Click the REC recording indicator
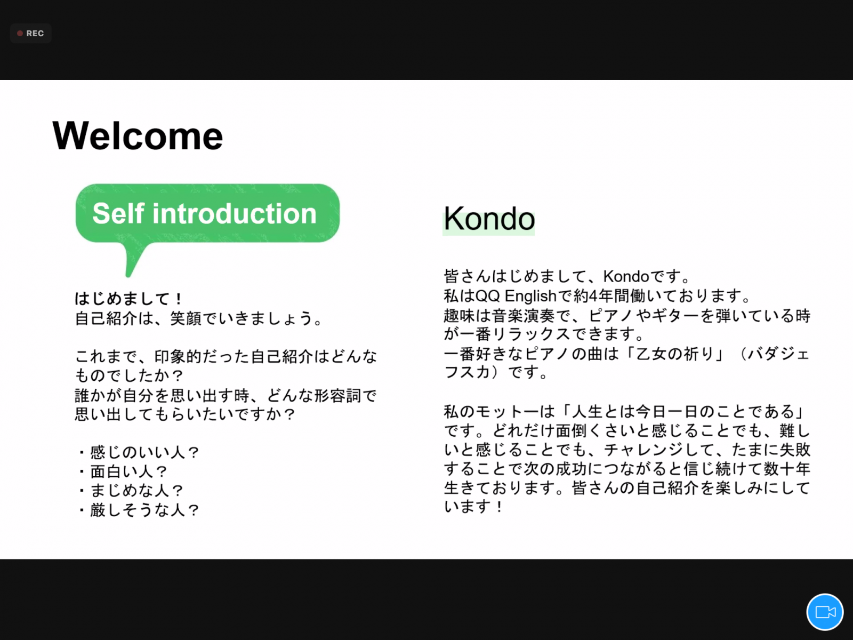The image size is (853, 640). point(31,34)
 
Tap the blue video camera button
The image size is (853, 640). point(825,612)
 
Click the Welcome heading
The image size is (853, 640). point(138,135)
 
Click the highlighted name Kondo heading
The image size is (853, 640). point(489,219)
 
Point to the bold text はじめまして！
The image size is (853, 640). point(128,299)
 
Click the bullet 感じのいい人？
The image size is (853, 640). point(139,452)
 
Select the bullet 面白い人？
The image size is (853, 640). point(123,471)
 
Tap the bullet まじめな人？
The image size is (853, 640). point(131,490)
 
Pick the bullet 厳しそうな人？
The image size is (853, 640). point(139,510)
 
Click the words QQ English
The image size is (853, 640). point(516,296)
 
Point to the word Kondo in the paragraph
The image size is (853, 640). point(626,276)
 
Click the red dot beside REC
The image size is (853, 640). point(20,34)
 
